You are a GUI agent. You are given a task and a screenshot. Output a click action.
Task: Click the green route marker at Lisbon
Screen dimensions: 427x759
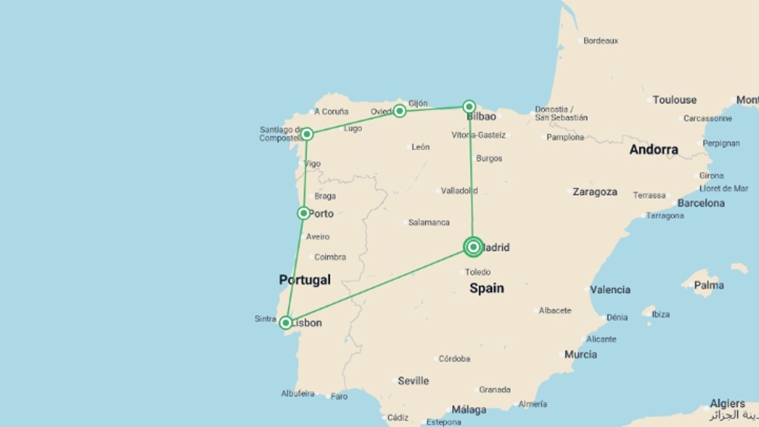pos(285,323)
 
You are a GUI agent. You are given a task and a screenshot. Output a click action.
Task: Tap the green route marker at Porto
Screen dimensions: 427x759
pos(303,213)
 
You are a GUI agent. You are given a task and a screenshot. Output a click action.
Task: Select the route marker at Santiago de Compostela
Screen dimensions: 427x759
pos(307,134)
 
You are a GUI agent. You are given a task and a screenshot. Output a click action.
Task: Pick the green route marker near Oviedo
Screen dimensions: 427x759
pos(399,111)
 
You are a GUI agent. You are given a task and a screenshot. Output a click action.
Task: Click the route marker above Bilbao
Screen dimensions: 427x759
pos(469,106)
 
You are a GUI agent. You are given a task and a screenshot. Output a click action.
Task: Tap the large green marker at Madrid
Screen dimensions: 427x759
pos(473,247)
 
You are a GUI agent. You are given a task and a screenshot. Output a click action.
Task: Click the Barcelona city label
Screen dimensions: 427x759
pos(701,203)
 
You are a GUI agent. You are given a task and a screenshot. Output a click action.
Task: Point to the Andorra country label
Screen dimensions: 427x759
pos(653,149)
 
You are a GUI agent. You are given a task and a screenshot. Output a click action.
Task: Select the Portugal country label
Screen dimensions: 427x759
pos(305,280)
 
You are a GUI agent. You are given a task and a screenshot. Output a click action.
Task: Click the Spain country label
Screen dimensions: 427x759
pos(487,288)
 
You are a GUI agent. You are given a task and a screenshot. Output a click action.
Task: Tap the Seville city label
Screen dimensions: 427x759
pos(413,381)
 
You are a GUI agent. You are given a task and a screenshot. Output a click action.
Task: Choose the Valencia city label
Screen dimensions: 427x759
pos(610,290)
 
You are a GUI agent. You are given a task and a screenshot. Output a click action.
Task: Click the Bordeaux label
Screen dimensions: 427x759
pos(600,41)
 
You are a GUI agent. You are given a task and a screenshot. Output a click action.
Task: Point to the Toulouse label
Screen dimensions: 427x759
pos(674,100)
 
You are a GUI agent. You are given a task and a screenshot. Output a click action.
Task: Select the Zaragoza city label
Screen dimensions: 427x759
pos(595,192)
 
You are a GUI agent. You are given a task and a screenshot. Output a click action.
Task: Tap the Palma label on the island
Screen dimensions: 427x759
pos(709,285)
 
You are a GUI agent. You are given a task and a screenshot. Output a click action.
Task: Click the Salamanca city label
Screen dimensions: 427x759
pos(429,223)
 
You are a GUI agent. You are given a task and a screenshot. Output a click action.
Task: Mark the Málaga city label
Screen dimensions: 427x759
pos(469,410)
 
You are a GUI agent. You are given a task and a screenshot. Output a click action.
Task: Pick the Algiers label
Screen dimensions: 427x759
pos(727,404)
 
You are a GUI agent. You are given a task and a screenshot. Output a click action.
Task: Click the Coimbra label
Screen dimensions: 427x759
pos(330,257)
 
